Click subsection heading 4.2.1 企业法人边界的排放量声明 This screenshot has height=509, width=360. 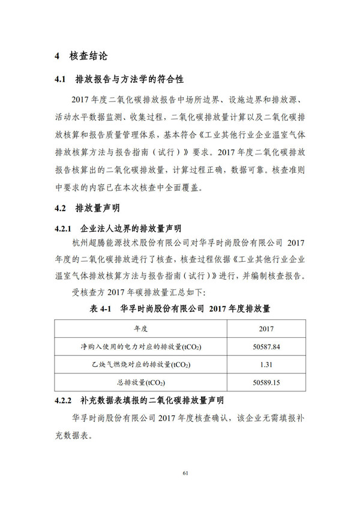point(118,229)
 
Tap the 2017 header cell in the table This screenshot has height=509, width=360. point(266,330)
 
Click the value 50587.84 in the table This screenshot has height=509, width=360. point(266,347)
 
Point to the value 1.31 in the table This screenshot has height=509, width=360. point(266,364)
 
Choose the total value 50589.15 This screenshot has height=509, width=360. point(266,382)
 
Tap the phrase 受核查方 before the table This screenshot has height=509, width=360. point(89,292)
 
